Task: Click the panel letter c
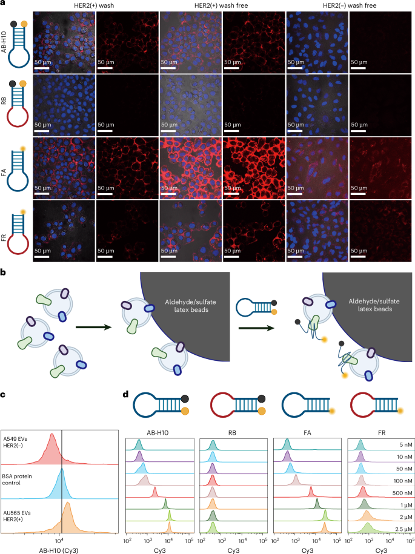tap(4, 395)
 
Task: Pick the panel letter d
tap(126, 395)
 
